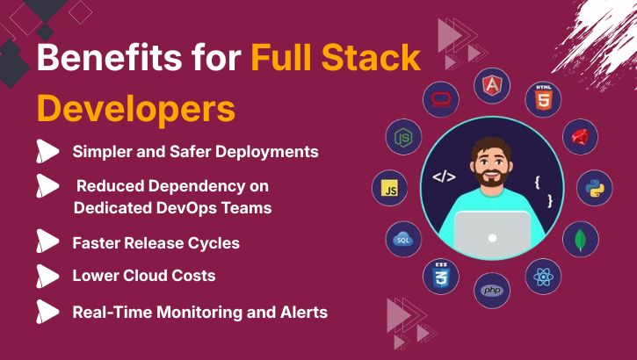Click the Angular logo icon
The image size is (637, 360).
point(492,85)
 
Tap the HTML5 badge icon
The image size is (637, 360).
point(543,99)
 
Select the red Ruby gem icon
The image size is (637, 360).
point(580,137)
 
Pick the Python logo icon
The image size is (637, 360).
point(594,188)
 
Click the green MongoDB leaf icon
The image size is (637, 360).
point(580,239)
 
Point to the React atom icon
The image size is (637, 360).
point(543,277)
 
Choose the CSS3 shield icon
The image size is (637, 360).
point(441,276)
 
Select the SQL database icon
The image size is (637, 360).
point(403,239)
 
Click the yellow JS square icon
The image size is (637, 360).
point(389,188)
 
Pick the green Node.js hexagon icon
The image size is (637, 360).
point(403,137)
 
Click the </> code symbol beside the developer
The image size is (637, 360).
point(444,177)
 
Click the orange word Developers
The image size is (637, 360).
point(136,110)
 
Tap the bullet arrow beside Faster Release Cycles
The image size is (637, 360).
point(47,242)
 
